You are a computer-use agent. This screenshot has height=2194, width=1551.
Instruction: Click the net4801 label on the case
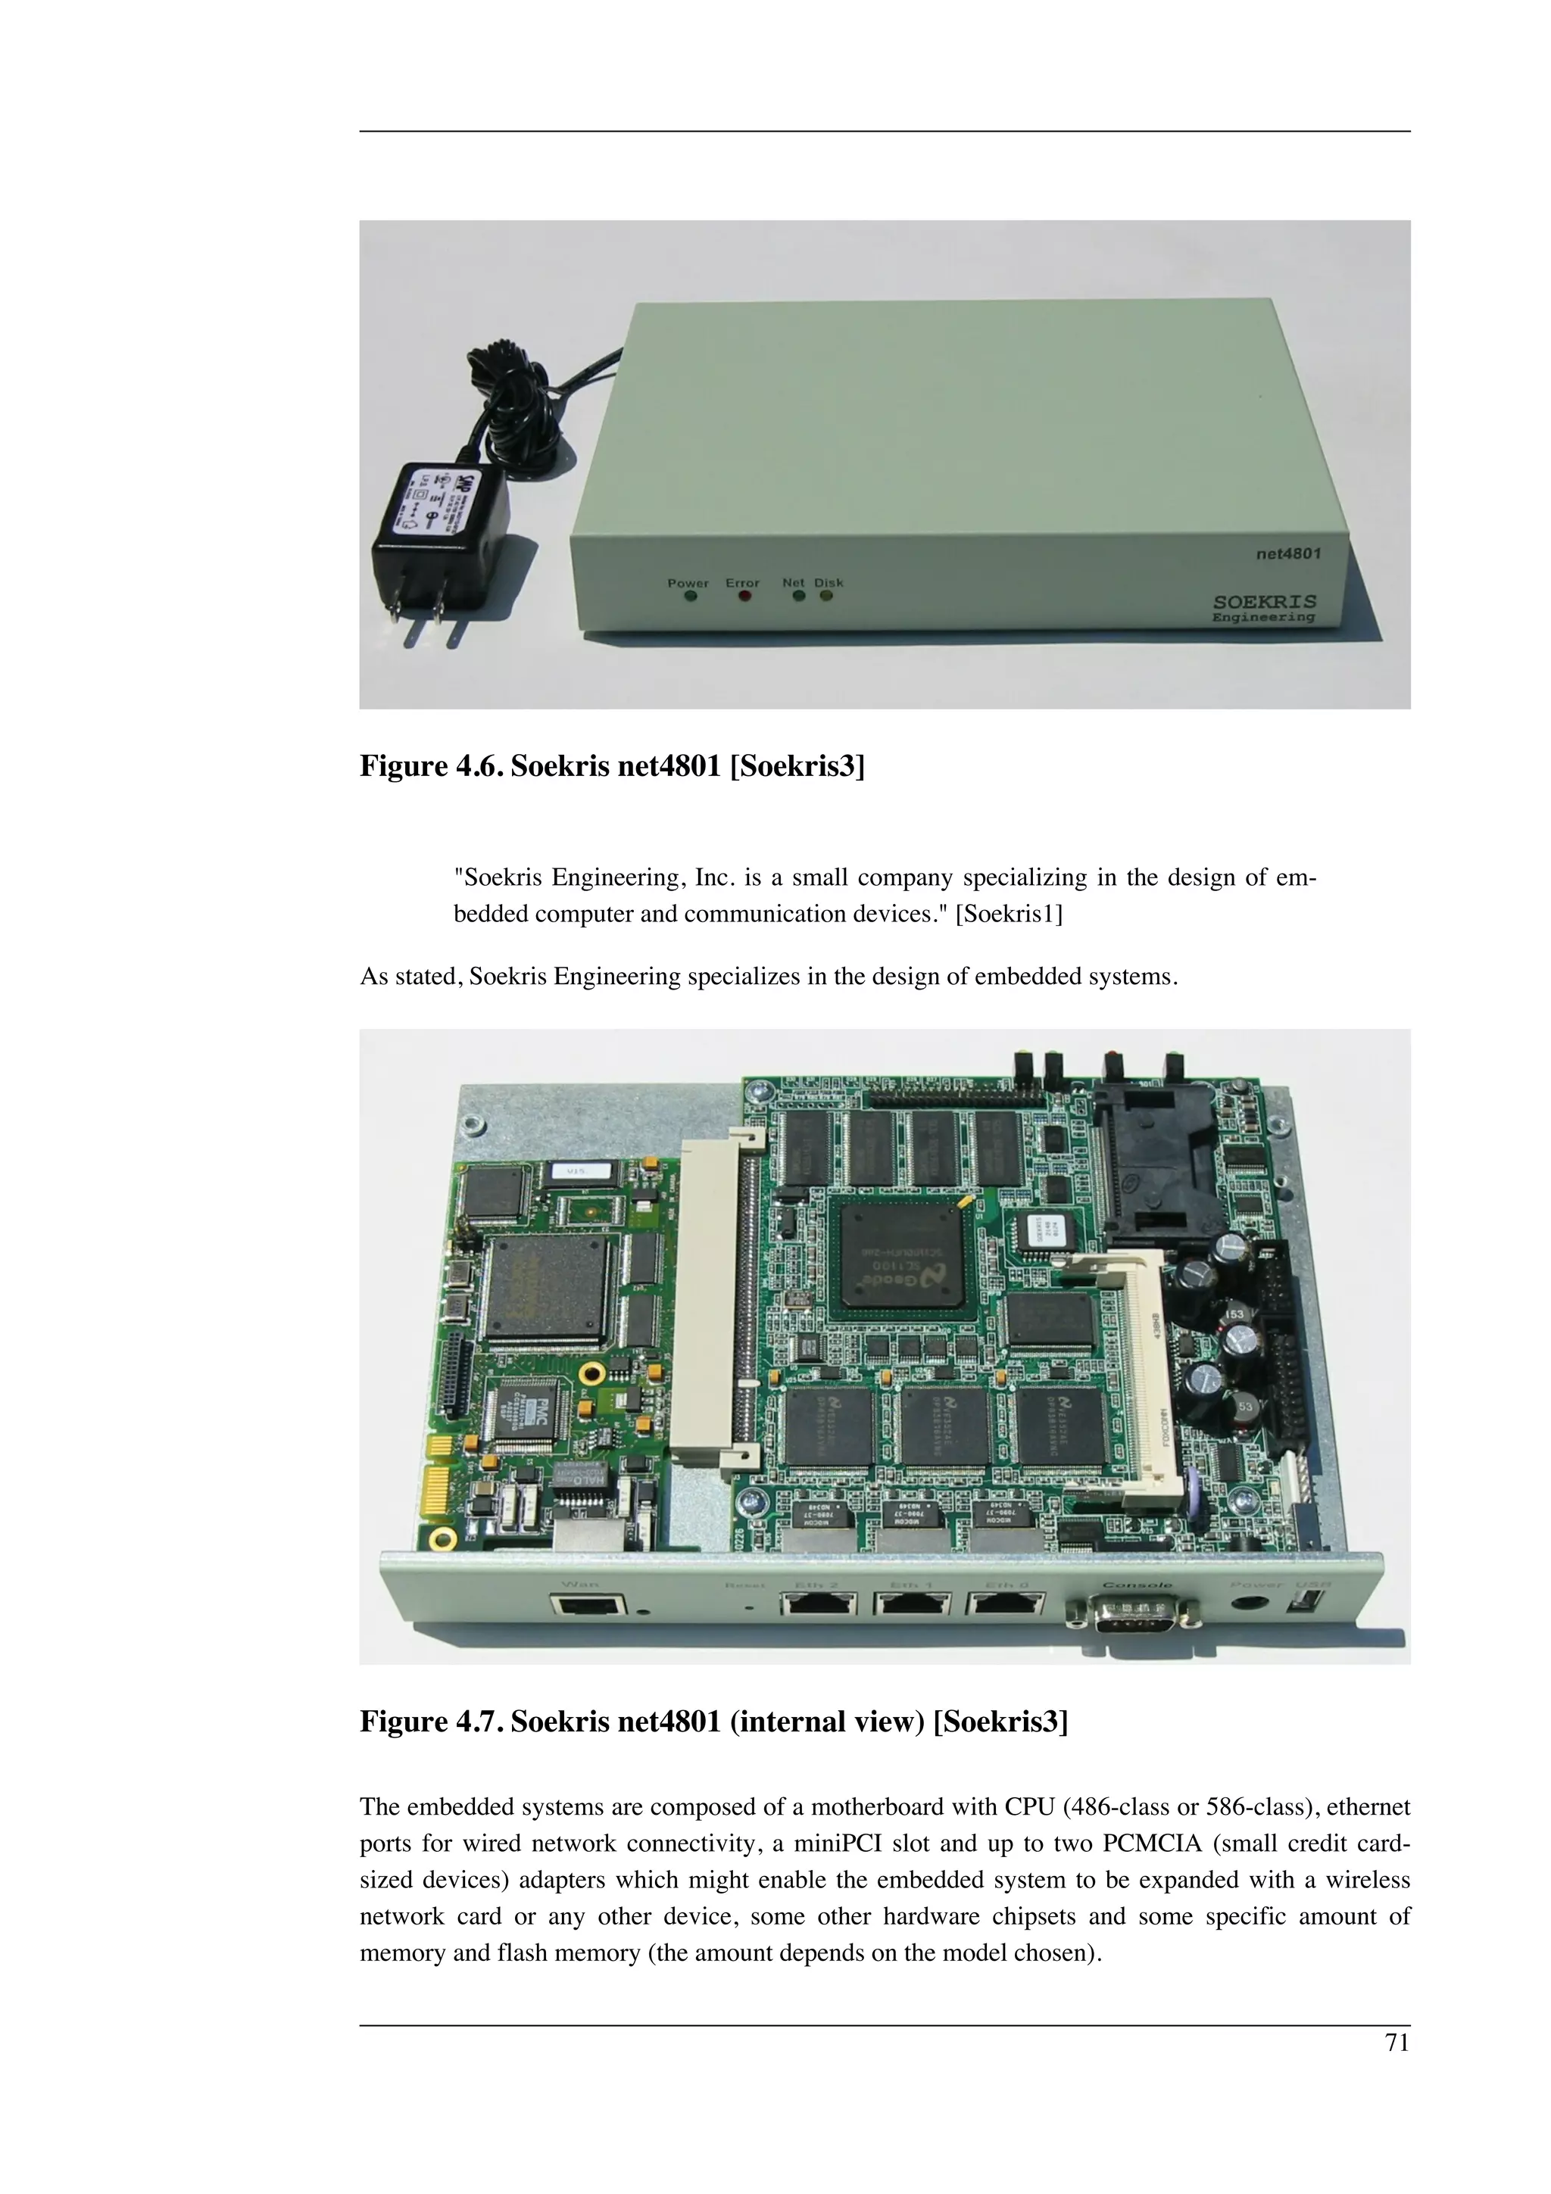pyautogui.click(x=1287, y=553)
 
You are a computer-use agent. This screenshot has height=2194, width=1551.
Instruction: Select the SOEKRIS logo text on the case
pyautogui.click(x=1264, y=601)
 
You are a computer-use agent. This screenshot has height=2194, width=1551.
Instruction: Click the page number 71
pyautogui.click(x=1397, y=2043)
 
